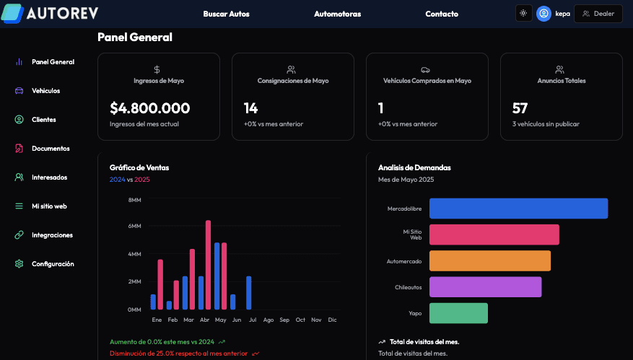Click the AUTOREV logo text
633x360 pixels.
(x=63, y=13)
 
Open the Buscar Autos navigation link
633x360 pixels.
(x=226, y=14)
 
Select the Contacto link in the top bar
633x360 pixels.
(x=442, y=14)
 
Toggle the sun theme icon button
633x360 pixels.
(x=523, y=13)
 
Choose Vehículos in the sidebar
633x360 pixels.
(x=45, y=91)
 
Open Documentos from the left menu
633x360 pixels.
(x=51, y=149)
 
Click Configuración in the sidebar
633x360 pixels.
(x=53, y=264)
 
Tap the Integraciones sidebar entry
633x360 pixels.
(x=52, y=235)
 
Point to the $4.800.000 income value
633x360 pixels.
(x=150, y=108)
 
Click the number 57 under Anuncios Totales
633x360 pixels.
(x=520, y=108)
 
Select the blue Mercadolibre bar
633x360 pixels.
(x=518, y=208)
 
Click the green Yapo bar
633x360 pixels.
(x=458, y=313)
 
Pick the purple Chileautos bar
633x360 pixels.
(x=485, y=287)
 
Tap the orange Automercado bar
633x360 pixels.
(x=489, y=260)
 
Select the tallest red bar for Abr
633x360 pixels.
(x=209, y=265)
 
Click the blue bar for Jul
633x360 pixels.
(x=249, y=293)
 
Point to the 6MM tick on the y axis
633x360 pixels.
(x=134, y=227)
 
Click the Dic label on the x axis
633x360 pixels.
(x=332, y=320)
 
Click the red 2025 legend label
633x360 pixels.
(x=142, y=179)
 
